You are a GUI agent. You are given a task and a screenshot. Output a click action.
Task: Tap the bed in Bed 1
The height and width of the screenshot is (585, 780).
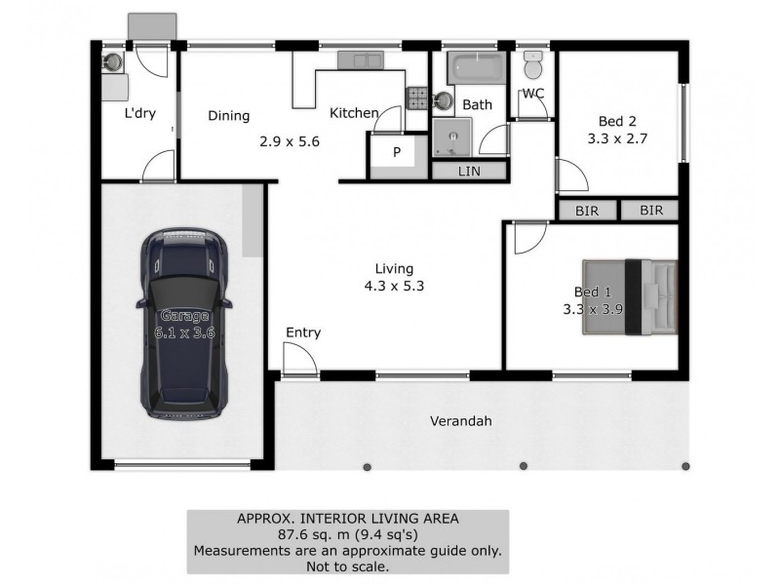629,296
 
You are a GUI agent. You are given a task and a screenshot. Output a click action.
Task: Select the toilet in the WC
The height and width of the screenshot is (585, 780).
532,67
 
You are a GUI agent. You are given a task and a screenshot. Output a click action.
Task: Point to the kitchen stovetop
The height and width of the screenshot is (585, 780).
417,97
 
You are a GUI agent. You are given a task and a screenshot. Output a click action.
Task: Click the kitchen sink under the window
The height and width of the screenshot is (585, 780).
360,60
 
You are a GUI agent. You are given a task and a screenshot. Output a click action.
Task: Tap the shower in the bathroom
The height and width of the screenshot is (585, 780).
451,138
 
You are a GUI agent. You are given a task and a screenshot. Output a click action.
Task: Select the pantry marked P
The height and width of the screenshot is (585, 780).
397,154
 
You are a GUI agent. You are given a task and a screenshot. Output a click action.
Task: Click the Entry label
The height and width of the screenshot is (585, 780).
302,332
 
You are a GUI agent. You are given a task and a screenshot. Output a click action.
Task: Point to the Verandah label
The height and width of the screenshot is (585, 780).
460,422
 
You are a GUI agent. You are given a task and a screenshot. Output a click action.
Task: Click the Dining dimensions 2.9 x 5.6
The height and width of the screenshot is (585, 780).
290,140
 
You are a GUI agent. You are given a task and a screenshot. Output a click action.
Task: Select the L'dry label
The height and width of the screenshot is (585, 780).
138,114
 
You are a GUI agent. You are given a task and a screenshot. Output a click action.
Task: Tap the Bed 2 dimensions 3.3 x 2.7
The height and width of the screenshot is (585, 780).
617,138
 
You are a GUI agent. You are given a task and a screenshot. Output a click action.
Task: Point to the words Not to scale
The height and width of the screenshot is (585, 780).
348,565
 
